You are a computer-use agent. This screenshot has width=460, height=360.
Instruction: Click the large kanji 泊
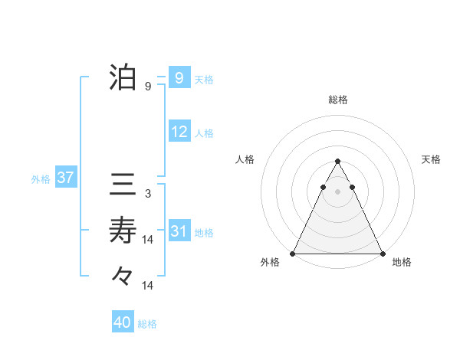coord(123,78)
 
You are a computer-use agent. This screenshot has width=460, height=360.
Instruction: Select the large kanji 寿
coord(123,229)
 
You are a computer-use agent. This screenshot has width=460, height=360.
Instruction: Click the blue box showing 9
coord(179,78)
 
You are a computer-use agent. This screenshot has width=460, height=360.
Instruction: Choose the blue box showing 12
coord(179,132)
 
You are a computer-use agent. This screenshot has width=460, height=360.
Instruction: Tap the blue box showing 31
coord(179,231)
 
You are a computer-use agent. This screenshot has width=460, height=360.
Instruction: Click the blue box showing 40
coord(123,322)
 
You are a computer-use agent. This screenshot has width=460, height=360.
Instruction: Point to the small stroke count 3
coord(147,194)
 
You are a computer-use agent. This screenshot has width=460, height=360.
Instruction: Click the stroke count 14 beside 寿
coord(148,240)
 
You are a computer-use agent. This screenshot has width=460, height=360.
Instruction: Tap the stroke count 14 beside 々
coord(148,286)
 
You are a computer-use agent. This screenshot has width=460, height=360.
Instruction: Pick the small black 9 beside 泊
coord(147,87)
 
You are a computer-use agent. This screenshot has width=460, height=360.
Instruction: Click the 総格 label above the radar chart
coord(337,100)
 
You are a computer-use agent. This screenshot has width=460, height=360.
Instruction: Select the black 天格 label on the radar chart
coord(431,159)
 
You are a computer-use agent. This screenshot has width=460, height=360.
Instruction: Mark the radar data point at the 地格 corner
coord(382,254)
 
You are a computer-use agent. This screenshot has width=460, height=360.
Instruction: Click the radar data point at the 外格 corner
coord(293,254)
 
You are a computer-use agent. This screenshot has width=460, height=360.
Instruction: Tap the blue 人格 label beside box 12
coord(204,133)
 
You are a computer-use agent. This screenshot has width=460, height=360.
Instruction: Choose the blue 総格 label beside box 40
coord(147,324)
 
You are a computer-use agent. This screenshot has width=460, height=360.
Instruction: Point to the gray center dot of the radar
coord(337,189)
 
